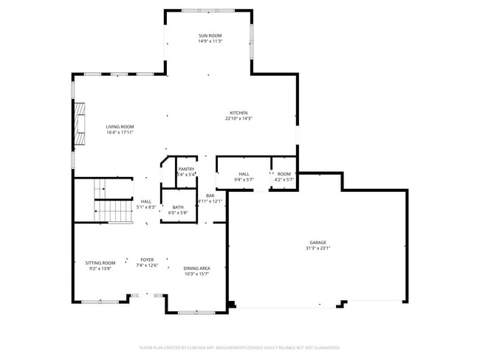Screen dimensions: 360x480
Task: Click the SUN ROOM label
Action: point(210,35)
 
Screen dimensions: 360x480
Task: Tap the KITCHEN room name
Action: point(239,113)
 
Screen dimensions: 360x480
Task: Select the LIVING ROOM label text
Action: point(120,127)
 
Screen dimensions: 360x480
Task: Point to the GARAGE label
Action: point(318,243)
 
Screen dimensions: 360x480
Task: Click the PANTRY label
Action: point(186,169)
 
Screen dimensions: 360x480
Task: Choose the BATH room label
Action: point(178,207)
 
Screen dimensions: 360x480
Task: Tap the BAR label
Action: point(210,195)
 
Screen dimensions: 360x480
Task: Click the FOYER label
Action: point(148,260)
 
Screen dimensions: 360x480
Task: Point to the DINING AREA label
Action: point(196,269)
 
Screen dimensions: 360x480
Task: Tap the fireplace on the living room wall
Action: point(78,122)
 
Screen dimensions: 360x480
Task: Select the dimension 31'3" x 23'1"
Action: point(318,249)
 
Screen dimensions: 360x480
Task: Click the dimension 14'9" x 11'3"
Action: point(210,41)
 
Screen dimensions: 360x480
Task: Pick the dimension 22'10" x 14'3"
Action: point(239,119)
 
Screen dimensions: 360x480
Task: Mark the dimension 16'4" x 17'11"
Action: point(120,133)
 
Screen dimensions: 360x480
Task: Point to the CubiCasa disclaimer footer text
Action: point(239,347)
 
